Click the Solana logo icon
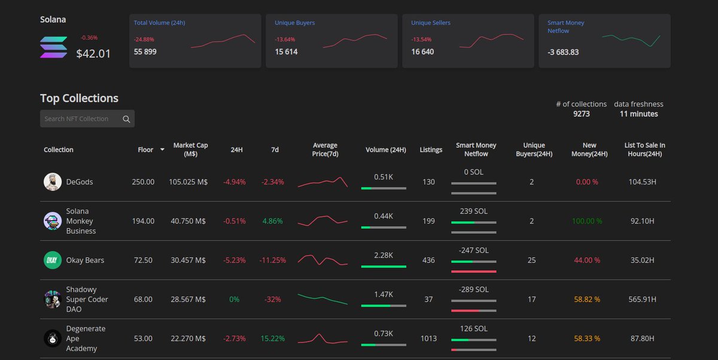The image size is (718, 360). tap(53, 47)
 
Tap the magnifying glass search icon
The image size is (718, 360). tap(126, 119)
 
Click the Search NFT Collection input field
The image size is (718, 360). tap(87, 119)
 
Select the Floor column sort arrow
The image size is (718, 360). tap(162, 150)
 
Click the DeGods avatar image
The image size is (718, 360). tap(53, 182)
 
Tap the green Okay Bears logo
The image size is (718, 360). tap(53, 260)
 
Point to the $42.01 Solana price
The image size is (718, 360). tap(93, 53)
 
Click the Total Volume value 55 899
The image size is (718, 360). tap(145, 51)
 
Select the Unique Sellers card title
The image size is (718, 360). tap(431, 23)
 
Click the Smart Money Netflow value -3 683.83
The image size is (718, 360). tap(563, 52)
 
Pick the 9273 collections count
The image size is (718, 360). tap(582, 114)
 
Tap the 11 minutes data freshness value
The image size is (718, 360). tap(639, 114)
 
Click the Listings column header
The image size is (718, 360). tap(431, 150)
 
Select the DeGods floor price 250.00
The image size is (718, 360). tap(143, 182)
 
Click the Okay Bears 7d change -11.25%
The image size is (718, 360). tap(272, 260)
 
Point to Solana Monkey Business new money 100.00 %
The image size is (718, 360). tap(587, 221)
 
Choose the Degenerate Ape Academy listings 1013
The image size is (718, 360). tap(428, 338)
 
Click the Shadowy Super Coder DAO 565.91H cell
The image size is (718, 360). tap(643, 300)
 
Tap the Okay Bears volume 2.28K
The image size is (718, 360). tap(384, 255)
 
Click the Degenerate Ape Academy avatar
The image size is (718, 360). tap(53, 338)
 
